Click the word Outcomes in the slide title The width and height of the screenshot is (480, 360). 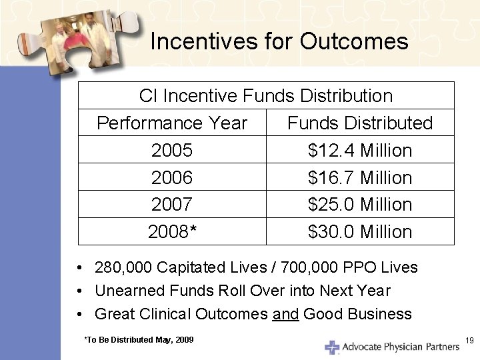pos(354,42)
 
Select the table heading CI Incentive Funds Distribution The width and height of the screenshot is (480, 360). pos(266,96)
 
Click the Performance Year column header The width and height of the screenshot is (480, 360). pos(172,123)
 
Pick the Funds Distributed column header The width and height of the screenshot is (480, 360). pos(360,123)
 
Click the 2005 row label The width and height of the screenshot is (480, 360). pos(172,151)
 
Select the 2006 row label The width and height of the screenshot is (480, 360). pos(172,178)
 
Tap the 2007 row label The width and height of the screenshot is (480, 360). pos(172,204)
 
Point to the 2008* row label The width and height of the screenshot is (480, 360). pos(172,232)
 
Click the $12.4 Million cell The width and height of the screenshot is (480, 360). pos(360,151)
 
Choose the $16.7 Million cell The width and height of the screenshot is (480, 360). pos(360,178)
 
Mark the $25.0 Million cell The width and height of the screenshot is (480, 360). pos(360,204)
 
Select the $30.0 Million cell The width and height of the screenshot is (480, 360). pos(360,232)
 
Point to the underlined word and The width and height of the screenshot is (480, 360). pos(285,314)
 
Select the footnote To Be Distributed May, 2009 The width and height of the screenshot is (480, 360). pos(139,340)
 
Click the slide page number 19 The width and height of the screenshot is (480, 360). pos(469,341)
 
